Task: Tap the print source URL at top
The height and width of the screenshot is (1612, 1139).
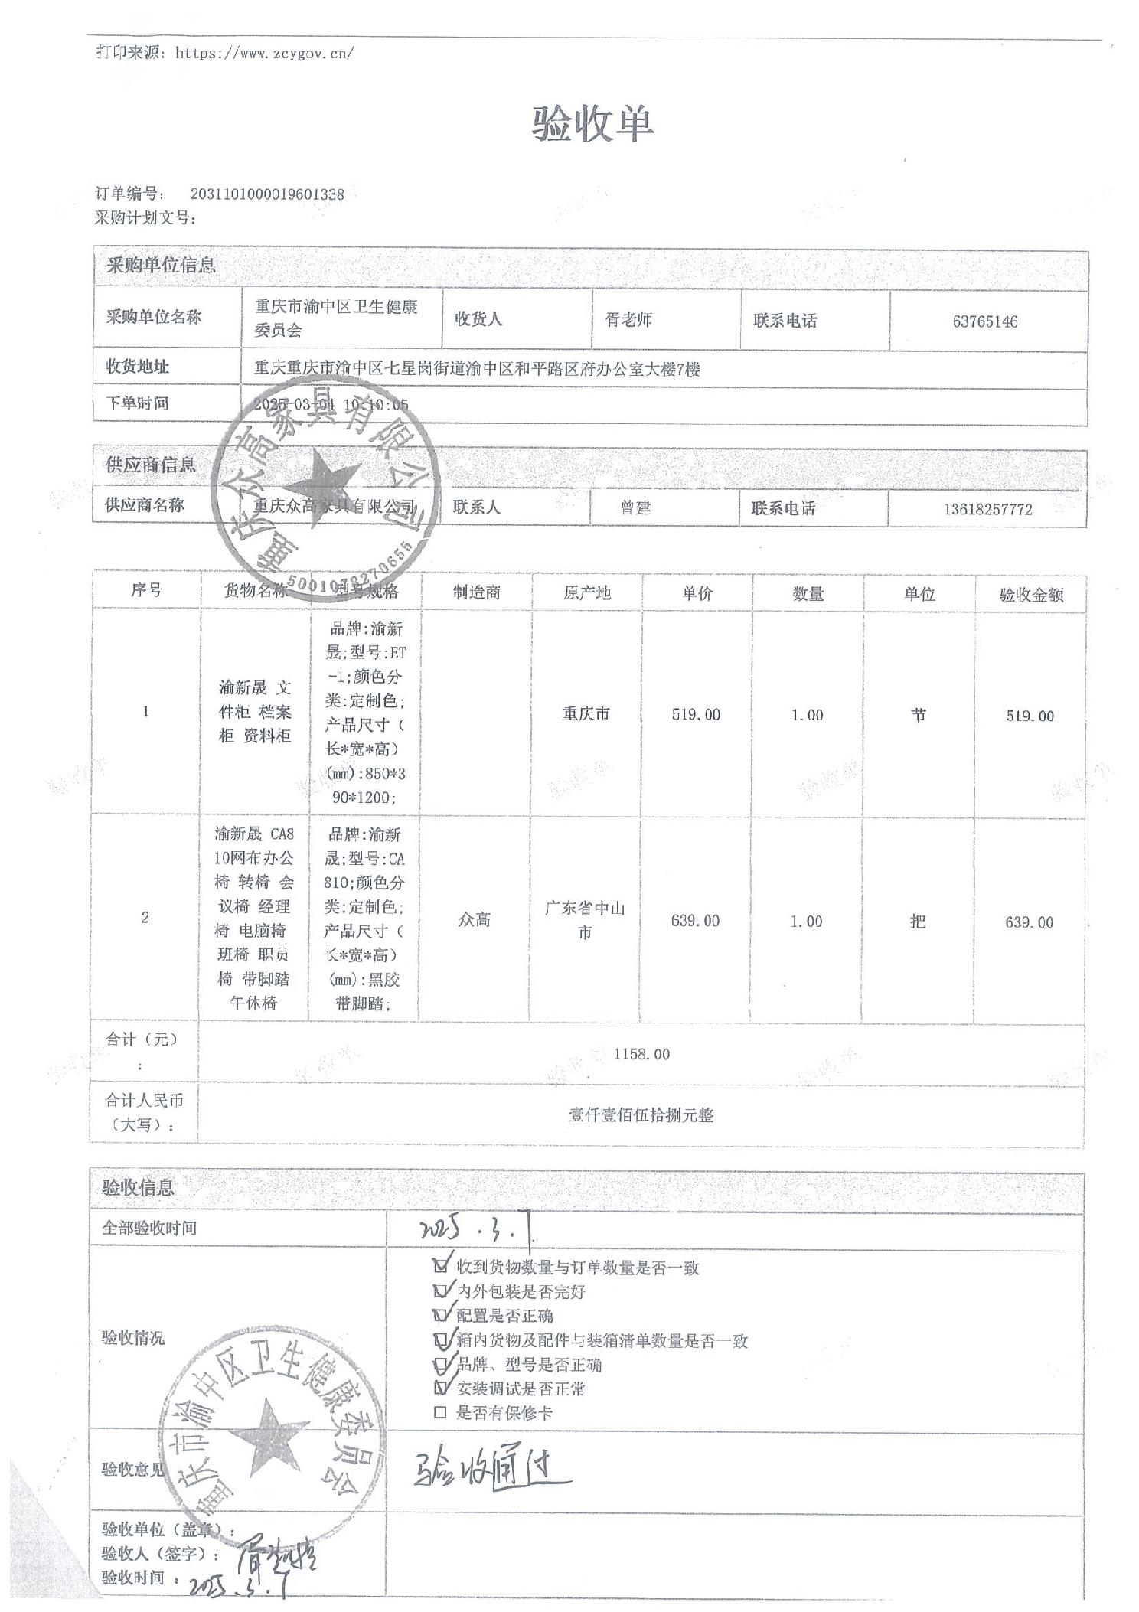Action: [264, 53]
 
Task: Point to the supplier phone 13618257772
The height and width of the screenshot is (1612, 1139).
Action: [987, 509]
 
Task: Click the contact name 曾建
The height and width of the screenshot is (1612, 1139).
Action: [635, 507]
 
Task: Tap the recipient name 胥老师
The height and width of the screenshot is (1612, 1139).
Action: [628, 320]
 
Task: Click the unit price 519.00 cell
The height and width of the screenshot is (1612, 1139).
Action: [696, 714]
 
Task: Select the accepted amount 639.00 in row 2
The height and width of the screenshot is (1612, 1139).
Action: [1029, 922]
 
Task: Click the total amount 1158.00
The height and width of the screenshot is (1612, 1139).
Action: [641, 1054]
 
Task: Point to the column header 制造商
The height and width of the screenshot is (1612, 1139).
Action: [476, 592]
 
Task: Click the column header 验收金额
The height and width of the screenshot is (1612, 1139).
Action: [1030, 595]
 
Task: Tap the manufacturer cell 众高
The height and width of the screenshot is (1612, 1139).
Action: [474, 920]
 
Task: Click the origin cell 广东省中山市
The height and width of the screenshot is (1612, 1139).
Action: [585, 920]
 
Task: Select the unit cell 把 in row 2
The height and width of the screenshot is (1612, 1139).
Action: [918, 921]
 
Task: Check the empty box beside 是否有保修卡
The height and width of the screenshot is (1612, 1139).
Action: [439, 1413]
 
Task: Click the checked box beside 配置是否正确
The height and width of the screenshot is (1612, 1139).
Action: [440, 1315]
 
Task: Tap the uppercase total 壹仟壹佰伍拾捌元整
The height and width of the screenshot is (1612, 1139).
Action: [641, 1115]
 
